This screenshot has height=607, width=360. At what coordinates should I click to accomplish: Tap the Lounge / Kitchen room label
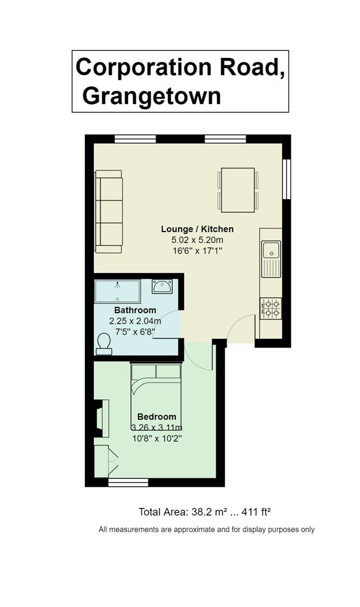tap(197, 229)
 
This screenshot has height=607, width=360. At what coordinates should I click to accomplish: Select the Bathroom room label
tap(135, 310)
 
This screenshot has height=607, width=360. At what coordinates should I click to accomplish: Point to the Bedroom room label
tap(157, 417)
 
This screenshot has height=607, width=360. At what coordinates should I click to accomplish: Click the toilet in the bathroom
tap(104, 344)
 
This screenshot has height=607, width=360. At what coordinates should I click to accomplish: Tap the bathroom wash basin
tap(162, 287)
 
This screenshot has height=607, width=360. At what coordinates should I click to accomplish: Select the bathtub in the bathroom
tap(117, 291)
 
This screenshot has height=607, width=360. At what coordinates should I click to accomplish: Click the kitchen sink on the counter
tap(271, 259)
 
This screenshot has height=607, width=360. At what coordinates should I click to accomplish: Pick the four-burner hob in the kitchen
tap(271, 308)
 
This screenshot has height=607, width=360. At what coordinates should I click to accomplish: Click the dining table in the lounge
tap(238, 190)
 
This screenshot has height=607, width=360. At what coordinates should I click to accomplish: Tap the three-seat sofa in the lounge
tap(108, 211)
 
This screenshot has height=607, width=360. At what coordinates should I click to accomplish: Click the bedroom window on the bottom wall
tap(129, 482)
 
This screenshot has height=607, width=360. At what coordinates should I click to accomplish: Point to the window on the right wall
tap(286, 179)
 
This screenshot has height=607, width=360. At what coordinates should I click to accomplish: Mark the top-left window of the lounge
tap(135, 139)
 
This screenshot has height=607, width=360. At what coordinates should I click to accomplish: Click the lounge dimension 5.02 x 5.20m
tap(197, 240)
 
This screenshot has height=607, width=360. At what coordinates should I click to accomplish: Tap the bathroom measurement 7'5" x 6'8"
tap(135, 332)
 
